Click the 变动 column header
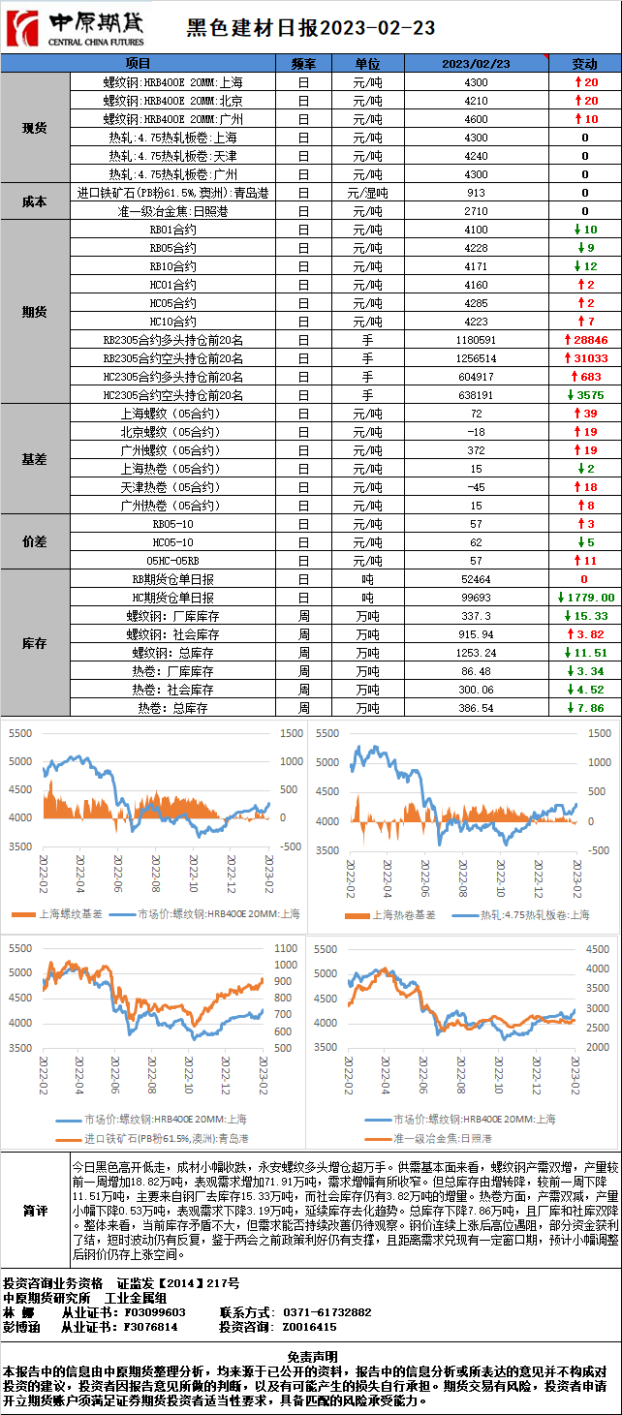tap(584, 63)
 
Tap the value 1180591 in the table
tap(475, 340)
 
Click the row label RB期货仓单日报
tap(172, 579)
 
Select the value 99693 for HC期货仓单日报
tap(475, 598)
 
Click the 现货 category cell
tap(35, 128)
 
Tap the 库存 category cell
tap(35, 643)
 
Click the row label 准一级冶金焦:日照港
tap(172, 211)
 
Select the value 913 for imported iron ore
tap(475, 193)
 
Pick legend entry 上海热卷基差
tap(398, 914)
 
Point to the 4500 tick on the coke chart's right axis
tap(599, 949)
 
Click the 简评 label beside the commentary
tap(35, 1211)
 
